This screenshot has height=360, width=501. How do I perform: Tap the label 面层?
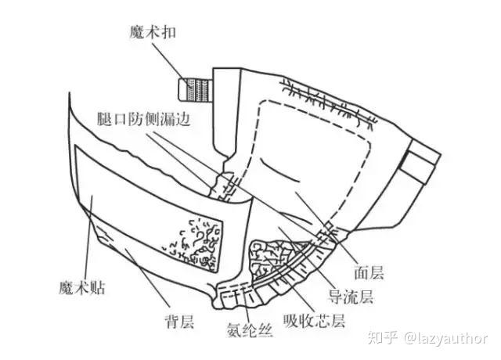370,272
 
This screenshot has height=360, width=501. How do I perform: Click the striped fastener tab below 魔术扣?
194,87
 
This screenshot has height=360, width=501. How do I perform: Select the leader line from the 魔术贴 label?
92,235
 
